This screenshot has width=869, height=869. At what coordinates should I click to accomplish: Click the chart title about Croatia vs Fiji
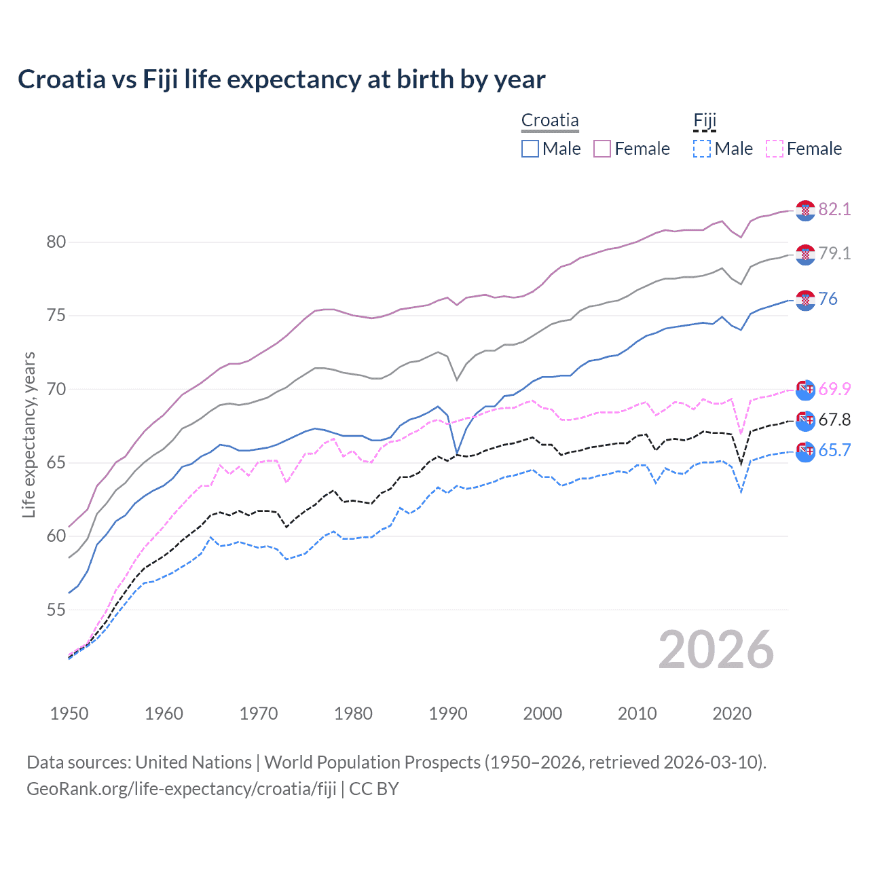pos(281,79)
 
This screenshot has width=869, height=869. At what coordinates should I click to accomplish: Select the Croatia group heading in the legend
pos(550,120)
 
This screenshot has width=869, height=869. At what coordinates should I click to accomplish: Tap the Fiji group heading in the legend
pos(705,121)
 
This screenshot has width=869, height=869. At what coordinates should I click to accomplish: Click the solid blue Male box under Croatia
pos(530,149)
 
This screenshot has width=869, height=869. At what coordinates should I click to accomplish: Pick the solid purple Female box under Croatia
pos(602,149)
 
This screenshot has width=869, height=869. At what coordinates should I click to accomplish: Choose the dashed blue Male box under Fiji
pos(702,149)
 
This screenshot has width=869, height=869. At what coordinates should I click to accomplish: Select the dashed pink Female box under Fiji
pos(775,149)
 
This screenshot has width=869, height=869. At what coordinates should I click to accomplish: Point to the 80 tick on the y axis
pos(56,242)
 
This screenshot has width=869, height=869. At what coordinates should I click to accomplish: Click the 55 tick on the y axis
pos(56,610)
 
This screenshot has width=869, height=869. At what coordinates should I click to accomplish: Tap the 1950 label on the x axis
pos(69,714)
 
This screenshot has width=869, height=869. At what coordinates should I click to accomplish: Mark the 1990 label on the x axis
pos(448,714)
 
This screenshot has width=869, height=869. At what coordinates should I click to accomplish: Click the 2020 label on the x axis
pos(732,714)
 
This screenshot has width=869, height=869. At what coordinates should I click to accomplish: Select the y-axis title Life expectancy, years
pos(29,434)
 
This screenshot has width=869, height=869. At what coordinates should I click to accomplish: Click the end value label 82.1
pos(834,209)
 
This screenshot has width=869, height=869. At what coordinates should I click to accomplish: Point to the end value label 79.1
pos(834,253)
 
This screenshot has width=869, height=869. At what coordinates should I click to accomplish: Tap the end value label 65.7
pos(834,450)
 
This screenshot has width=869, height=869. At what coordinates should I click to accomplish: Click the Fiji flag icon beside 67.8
pos(805,420)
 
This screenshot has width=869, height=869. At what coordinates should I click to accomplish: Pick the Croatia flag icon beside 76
pos(805,299)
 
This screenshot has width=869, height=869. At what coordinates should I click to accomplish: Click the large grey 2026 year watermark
pos(716,650)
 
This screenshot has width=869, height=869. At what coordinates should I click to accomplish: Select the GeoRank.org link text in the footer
pos(181,789)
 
